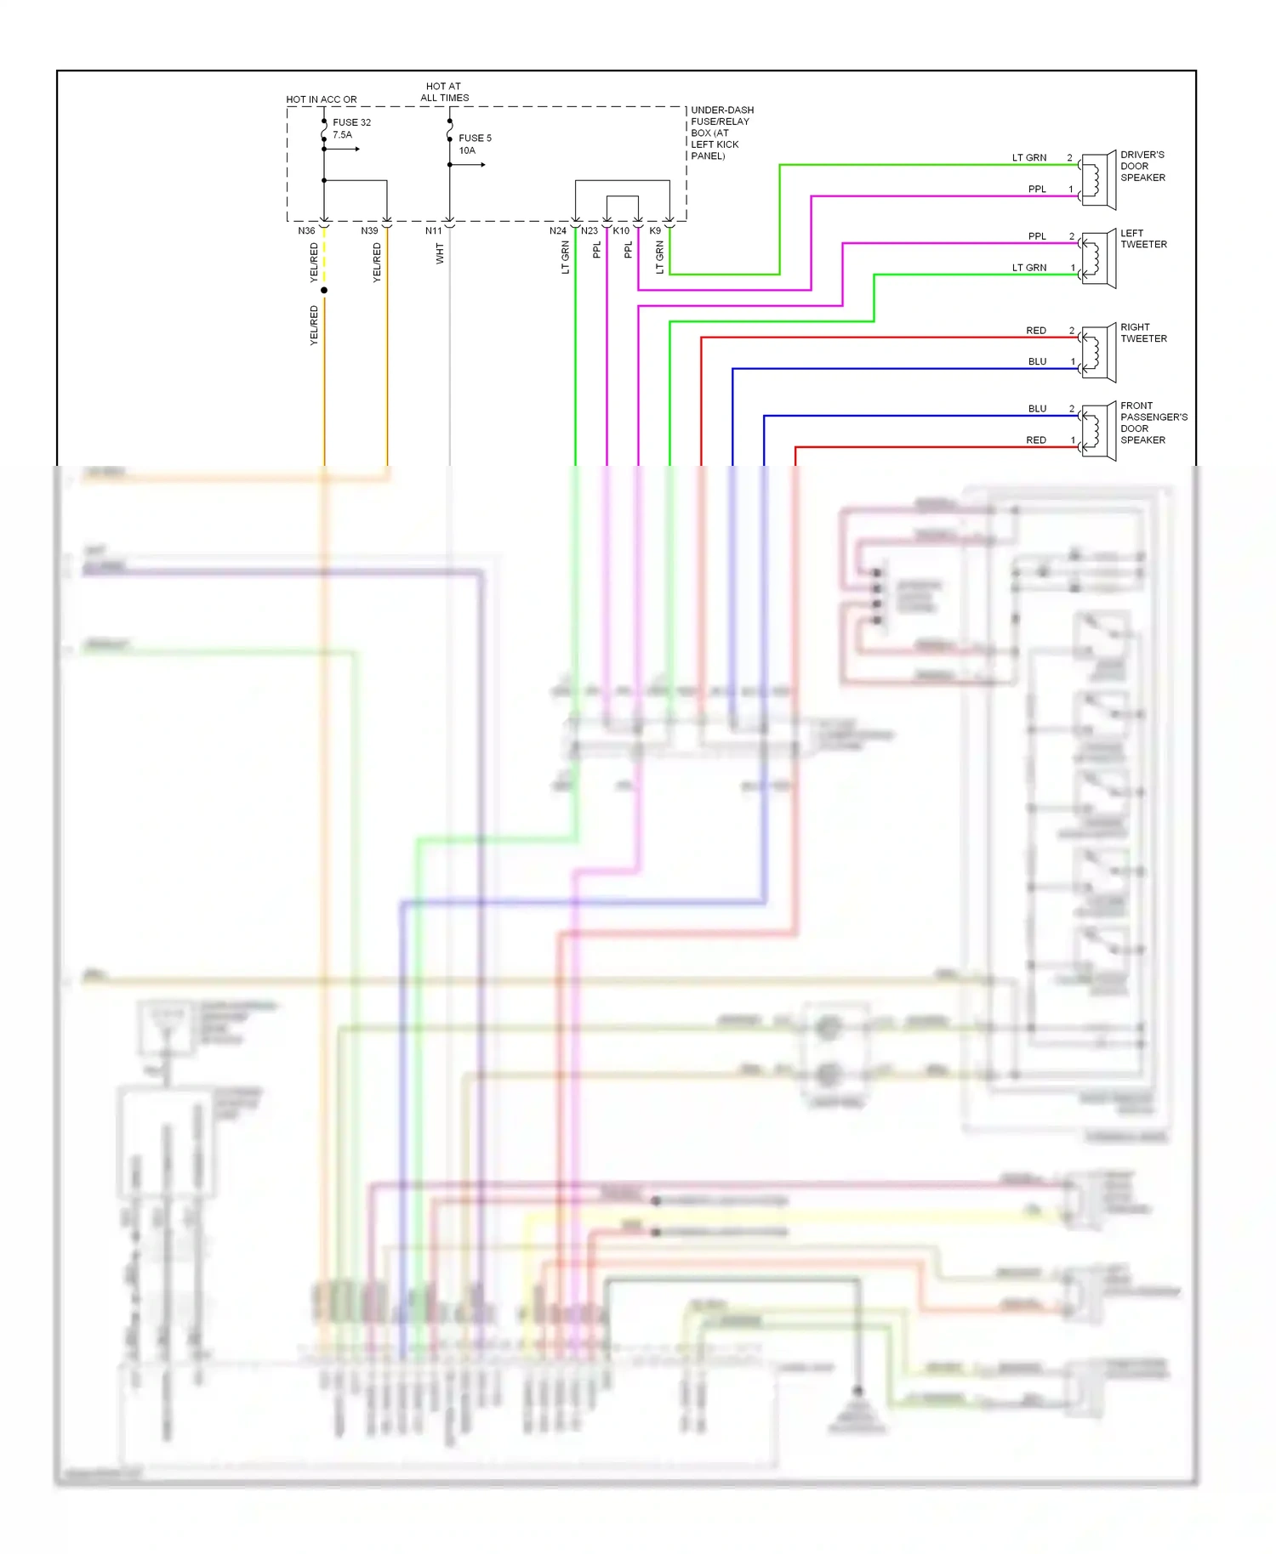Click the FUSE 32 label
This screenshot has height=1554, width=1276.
[351, 122]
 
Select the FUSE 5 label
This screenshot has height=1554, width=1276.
[475, 138]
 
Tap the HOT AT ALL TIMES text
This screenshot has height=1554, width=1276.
[444, 92]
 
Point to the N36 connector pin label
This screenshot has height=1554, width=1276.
[306, 231]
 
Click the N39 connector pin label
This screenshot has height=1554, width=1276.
[369, 231]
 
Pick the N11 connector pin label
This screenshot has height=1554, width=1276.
[433, 231]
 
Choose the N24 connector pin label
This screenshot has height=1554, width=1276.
[557, 231]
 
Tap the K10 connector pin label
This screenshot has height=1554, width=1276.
[621, 231]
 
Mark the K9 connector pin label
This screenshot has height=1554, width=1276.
[655, 231]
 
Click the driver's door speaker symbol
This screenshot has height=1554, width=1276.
[1098, 180]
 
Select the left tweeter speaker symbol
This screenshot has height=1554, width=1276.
[1098, 258]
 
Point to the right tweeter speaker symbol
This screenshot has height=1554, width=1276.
[1098, 353]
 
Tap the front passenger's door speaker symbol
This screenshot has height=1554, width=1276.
[1098, 431]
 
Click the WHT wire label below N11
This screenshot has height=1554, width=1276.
[440, 253]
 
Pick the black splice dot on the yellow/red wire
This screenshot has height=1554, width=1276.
[324, 291]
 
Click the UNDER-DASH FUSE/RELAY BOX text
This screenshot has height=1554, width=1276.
[721, 133]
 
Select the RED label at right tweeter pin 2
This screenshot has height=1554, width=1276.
[1035, 331]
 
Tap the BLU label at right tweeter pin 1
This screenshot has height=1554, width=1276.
[1037, 362]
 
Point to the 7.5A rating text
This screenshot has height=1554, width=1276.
[342, 135]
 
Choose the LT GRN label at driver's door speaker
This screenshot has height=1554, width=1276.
[1028, 158]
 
